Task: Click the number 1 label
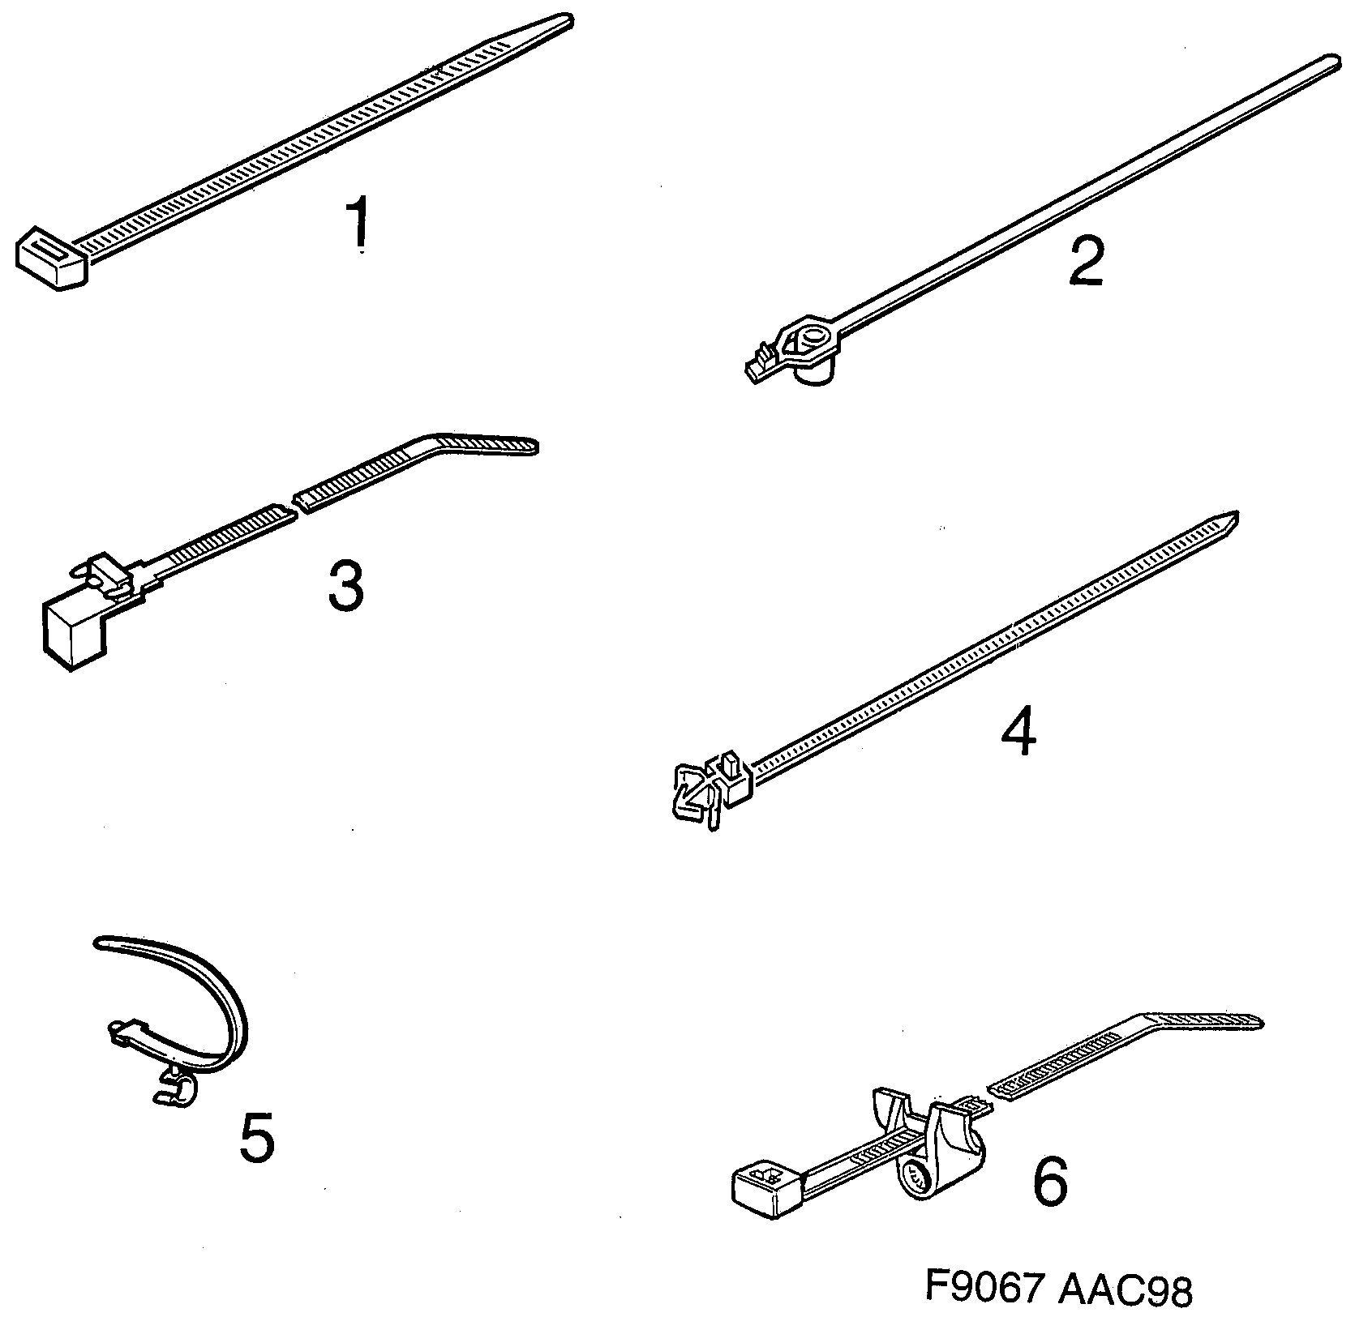358,223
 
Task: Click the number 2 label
1086,262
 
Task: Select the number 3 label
346,586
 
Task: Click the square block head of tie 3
75,631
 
